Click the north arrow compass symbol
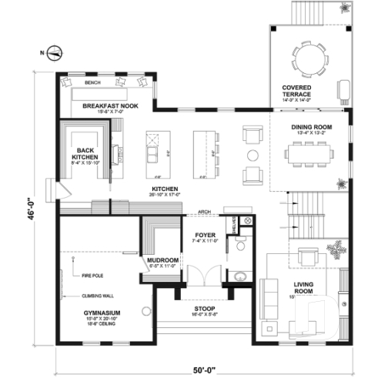[x=53, y=53]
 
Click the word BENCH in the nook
[x=93, y=81]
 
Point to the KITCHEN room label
[x=165, y=189]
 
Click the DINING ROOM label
[x=309, y=127]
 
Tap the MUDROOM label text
[x=162, y=260]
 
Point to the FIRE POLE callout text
[x=92, y=273]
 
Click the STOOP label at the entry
[x=203, y=309]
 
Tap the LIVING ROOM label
[x=309, y=288]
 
